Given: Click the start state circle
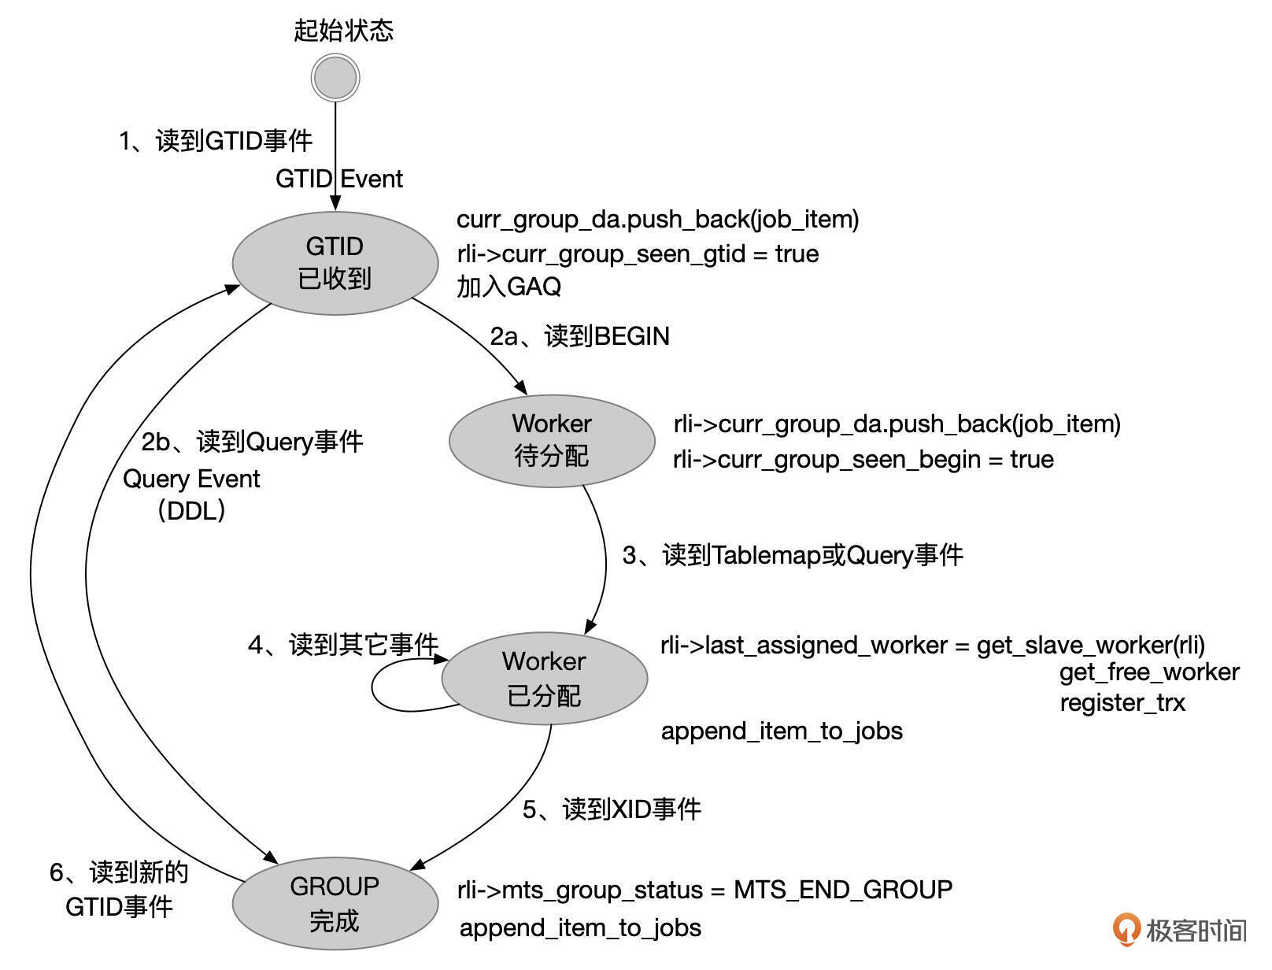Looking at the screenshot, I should [x=335, y=78].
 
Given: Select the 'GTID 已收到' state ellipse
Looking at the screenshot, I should [x=335, y=263].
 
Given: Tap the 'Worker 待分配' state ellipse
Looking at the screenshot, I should [x=552, y=440].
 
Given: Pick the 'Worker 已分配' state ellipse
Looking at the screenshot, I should [x=544, y=678].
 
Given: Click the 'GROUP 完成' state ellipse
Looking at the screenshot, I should [x=335, y=903].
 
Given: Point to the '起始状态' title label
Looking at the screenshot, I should [x=343, y=31].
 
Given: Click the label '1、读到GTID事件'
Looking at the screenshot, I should [x=216, y=141].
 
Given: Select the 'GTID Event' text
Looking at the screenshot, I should [x=338, y=179].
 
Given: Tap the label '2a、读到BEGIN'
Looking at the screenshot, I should [x=579, y=336].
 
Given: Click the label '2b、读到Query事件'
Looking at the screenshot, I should [x=252, y=442].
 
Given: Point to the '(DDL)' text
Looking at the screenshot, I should [x=191, y=511].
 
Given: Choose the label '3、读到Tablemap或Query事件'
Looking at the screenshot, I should [x=793, y=555].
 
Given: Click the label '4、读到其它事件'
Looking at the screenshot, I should [x=342, y=645].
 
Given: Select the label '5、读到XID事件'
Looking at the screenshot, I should [x=612, y=809].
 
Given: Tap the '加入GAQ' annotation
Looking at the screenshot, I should [x=508, y=287].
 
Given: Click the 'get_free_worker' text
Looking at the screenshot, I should [x=1149, y=672].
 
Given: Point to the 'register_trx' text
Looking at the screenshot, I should [x=1122, y=702].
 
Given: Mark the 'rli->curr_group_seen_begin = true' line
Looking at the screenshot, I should [x=863, y=459].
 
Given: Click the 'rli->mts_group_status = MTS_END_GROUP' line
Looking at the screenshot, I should [x=704, y=890].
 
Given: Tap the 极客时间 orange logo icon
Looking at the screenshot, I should [x=1126, y=930].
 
